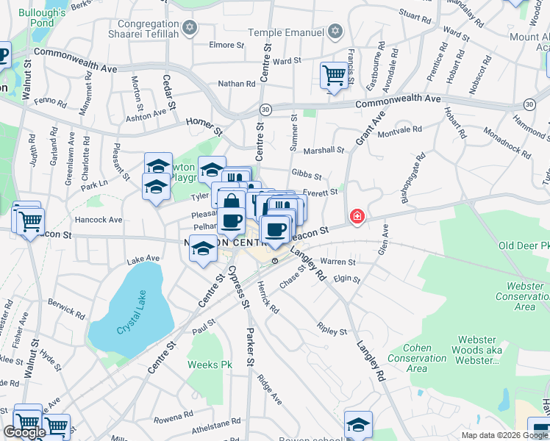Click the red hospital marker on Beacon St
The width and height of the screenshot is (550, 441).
[357, 217]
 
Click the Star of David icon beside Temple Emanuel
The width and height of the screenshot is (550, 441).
[335, 31]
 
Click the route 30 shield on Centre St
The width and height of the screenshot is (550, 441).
[265, 109]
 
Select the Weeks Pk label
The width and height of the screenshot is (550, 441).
[209, 365]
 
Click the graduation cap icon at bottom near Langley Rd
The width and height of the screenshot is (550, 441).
[358, 424]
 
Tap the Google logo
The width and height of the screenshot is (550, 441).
[25, 433]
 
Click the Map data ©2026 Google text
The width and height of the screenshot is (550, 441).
[504, 435]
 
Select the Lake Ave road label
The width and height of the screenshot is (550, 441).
[143, 259]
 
